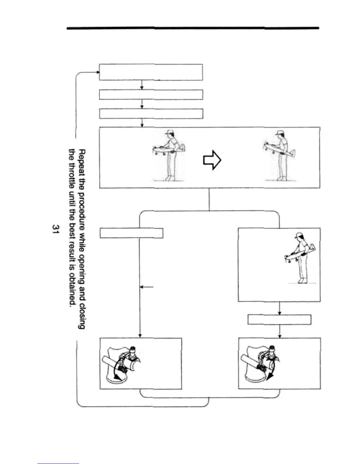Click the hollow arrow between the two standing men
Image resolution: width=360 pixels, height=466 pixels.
(x=212, y=160)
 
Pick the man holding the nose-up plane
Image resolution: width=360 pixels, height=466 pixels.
(x=280, y=155)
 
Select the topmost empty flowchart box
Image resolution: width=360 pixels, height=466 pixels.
(x=151, y=72)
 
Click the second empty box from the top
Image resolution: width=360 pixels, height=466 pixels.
(x=151, y=95)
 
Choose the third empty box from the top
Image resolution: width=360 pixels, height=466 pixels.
(x=151, y=114)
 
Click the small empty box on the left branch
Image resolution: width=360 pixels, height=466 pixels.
(x=131, y=233)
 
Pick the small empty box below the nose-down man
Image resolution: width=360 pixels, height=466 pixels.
(x=279, y=319)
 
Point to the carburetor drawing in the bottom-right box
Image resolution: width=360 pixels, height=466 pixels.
(x=260, y=364)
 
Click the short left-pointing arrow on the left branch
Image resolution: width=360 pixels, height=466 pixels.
(x=146, y=287)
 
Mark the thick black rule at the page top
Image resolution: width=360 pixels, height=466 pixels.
(x=193, y=28)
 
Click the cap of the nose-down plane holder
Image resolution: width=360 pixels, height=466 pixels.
(x=298, y=235)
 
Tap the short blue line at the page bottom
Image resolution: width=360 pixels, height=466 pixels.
(x=58, y=463)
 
